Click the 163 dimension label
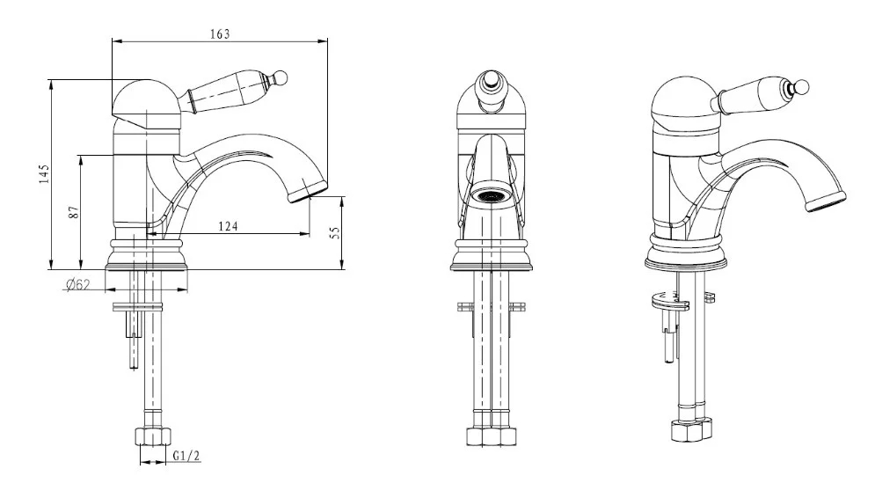click(220, 34)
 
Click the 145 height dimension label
click(44, 173)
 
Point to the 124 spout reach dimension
click(228, 226)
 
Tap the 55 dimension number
click(335, 232)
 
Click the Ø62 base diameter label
click(77, 285)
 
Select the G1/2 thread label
click(186, 456)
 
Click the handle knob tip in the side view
click(281, 77)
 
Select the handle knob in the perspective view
click(803, 87)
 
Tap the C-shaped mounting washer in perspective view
click(670, 302)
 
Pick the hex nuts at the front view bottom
click(491, 436)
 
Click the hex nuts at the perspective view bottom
click(691, 430)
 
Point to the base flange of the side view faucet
click(147, 254)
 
